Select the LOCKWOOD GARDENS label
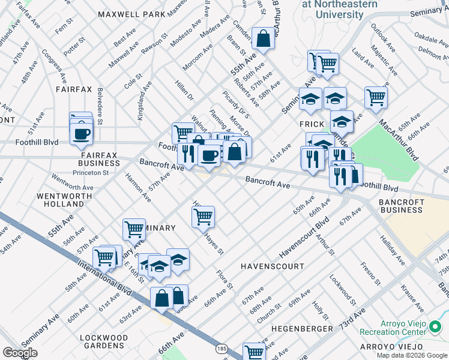tap(104, 342)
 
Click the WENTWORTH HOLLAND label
tap(65, 200)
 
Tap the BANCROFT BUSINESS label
tap(401, 206)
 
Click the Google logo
tap(20, 353)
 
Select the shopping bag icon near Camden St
tap(263, 39)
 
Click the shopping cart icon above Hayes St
tap(203, 216)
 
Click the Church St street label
tap(269, 312)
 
